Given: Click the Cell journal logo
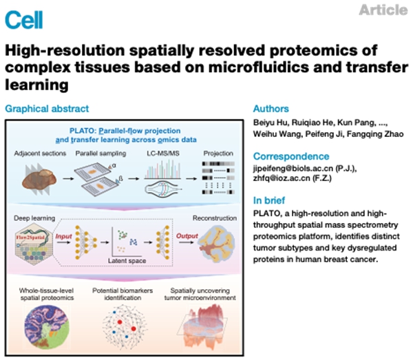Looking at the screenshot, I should [x=24, y=19].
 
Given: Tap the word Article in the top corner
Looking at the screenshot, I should [x=383, y=10].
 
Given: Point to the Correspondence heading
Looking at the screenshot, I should [x=290, y=156].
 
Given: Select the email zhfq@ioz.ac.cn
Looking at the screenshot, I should [x=284, y=181].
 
